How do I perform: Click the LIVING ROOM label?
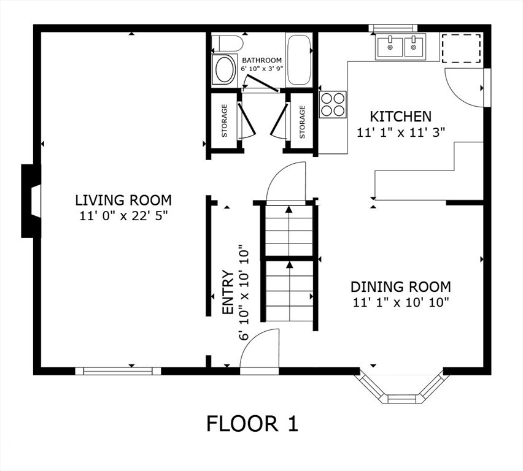(x=123, y=201)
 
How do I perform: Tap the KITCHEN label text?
(x=401, y=117)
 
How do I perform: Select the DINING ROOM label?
(x=401, y=286)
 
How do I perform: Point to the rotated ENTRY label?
(x=228, y=292)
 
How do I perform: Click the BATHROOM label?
(x=262, y=60)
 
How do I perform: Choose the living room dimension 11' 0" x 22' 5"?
(x=123, y=216)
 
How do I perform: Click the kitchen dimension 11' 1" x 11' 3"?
(x=401, y=132)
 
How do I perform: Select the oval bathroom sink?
(x=224, y=70)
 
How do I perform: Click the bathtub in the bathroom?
(x=299, y=60)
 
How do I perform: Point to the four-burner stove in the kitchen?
(x=333, y=104)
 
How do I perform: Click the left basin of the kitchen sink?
(x=390, y=47)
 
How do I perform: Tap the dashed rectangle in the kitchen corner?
(x=462, y=48)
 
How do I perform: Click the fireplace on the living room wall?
(x=31, y=201)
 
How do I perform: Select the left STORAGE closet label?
(x=225, y=121)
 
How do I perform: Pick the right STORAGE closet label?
(x=302, y=122)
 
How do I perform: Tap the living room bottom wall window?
(x=118, y=371)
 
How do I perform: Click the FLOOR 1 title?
(x=252, y=424)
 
